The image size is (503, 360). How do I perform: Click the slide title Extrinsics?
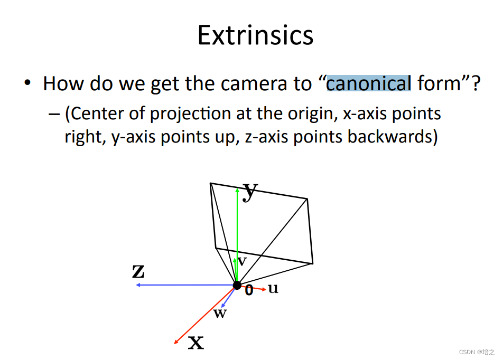click(255, 35)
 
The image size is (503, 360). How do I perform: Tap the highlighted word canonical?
click(368, 83)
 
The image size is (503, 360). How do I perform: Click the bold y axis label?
click(250, 191)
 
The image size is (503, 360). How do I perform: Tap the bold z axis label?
click(138, 271)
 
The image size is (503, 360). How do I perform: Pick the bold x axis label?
click(196, 343)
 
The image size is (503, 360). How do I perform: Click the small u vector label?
click(273, 289)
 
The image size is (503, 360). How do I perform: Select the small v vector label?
click(242, 261)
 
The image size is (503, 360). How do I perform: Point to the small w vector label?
click(220, 314)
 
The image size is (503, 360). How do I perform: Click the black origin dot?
click(237, 285)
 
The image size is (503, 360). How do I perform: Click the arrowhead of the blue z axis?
click(137, 285)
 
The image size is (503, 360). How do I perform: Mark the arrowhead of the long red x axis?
click(176, 343)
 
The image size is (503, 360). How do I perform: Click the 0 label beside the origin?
click(249, 290)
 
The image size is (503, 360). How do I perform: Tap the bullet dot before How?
click(27, 84)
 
